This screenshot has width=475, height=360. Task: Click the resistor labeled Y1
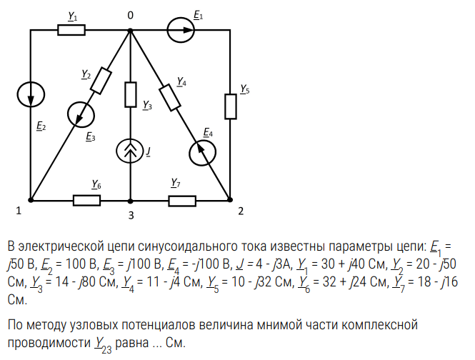(71, 30)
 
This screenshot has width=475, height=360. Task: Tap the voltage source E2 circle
(31, 95)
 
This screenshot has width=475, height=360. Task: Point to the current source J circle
(130, 151)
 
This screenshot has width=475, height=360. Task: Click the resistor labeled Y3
(130, 94)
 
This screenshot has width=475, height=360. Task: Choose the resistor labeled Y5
(231, 106)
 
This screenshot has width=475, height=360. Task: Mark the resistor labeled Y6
(87, 200)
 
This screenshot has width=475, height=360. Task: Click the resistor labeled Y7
(182, 200)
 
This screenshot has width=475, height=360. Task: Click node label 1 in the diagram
(19, 211)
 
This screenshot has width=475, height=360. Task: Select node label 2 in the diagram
(241, 211)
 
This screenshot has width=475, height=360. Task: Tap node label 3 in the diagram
(130, 214)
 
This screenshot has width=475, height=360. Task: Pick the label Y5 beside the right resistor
(245, 90)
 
